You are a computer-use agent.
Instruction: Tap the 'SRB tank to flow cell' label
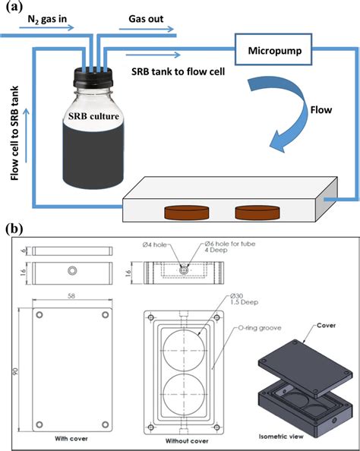(168, 71)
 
